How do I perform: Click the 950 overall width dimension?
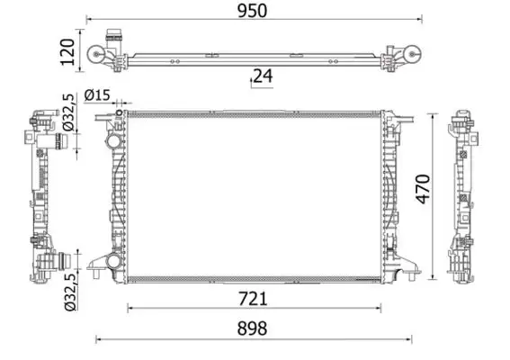pos(254,10)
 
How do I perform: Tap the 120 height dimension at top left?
pos(66,52)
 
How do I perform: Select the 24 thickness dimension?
pos(262,76)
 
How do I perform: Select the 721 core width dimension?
pos(254,298)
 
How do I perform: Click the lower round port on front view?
pos(112,261)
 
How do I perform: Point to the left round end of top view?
pos(97,60)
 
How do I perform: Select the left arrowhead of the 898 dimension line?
pos(98,339)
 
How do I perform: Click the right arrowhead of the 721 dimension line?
pos(379,309)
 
